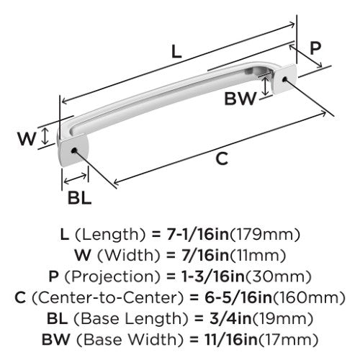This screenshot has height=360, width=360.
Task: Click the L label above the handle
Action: pos(176,52)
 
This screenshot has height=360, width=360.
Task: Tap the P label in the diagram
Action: pos(315,48)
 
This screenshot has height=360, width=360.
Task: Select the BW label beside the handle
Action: pos(240,99)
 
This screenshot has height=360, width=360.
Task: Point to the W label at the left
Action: pos(27,138)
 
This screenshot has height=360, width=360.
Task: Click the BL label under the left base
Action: pos(80,198)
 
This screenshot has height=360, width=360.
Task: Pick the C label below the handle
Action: pos(222,158)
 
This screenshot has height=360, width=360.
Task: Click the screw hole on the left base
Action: pos(74,150)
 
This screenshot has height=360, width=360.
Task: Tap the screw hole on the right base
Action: pos(285,79)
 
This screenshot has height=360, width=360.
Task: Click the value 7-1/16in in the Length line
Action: pos(197,234)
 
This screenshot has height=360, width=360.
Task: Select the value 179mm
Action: pos(265,235)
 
